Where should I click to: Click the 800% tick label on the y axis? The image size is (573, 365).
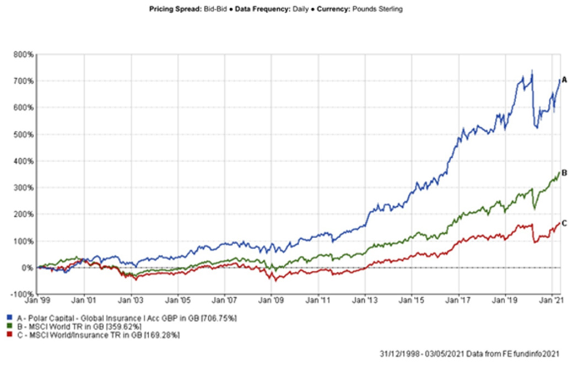pyautogui.click(x=24, y=55)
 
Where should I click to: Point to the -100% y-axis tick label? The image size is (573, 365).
pyautogui.click(x=23, y=294)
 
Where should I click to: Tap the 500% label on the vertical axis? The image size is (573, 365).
pyautogui.click(x=24, y=135)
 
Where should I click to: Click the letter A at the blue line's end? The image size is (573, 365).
pyautogui.click(x=564, y=80)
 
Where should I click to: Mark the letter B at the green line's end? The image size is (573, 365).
pyautogui.click(x=564, y=173)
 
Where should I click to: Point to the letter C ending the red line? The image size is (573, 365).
pyautogui.click(x=564, y=223)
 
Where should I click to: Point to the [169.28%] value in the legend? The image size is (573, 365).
pyautogui.click(x=161, y=335)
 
